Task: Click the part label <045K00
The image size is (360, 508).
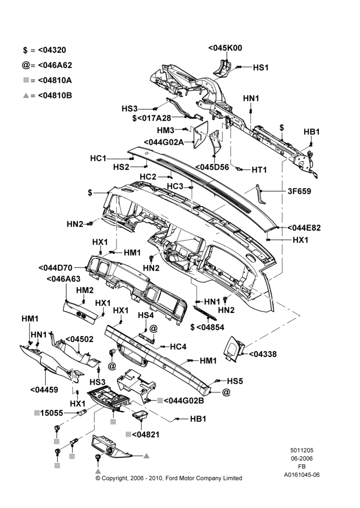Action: pyautogui.click(x=225, y=48)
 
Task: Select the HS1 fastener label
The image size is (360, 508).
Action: pyautogui.click(x=261, y=68)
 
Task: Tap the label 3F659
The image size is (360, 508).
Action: pyautogui.click(x=299, y=191)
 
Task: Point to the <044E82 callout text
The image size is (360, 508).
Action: pyautogui.click(x=304, y=228)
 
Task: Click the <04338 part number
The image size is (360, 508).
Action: pyautogui.click(x=263, y=354)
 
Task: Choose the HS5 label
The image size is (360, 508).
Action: pyautogui.click(x=235, y=381)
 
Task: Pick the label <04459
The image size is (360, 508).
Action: pyautogui.click(x=44, y=390)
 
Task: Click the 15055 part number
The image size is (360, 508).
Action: pyautogui.click(x=51, y=413)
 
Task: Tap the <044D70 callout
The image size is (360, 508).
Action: pyautogui.click(x=55, y=268)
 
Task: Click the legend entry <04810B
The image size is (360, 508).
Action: pyautogui.click(x=55, y=96)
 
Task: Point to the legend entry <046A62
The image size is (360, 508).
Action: pyautogui.click(x=55, y=65)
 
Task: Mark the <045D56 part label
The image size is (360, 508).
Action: pyautogui.click(x=212, y=167)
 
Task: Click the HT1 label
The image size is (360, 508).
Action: pyautogui.click(x=259, y=170)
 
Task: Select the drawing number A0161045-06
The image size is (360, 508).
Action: pyautogui.click(x=302, y=475)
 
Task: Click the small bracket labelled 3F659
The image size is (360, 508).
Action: pyautogui.click(x=260, y=194)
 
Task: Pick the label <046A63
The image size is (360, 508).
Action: pyautogui.click(x=64, y=279)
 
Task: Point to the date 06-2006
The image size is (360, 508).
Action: pyautogui.click(x=302, y=458)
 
